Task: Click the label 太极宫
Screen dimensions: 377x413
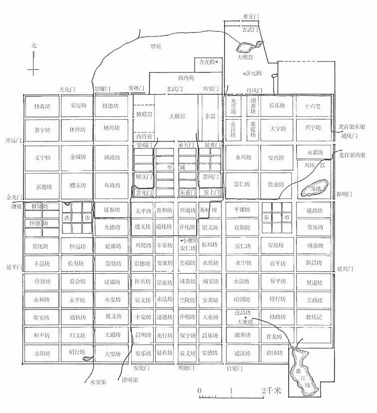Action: (177, 116)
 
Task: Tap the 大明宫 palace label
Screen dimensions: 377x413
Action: (247, 57)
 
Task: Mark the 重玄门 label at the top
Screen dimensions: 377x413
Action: (251, 17)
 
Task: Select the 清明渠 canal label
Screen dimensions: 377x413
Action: (131, 380)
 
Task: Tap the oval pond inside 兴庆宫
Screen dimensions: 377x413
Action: (315, 188)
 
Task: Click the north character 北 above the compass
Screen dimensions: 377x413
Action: (34, 45)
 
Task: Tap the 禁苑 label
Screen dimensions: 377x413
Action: (156, 46)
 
